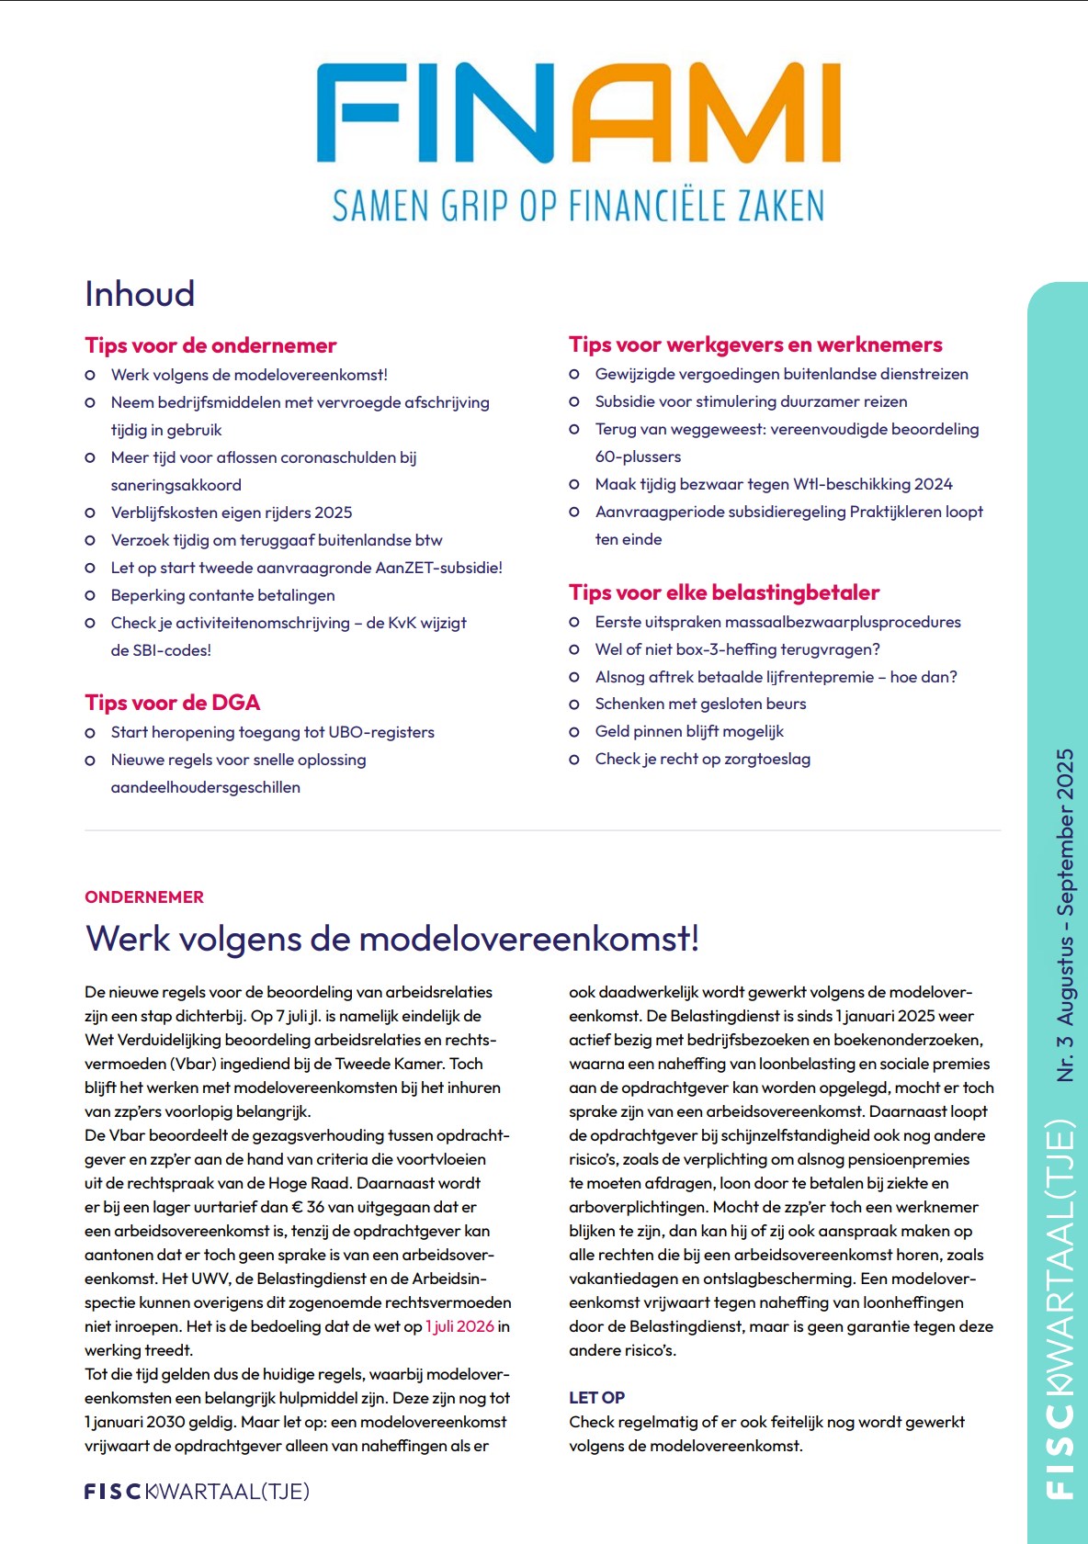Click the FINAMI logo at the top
578,113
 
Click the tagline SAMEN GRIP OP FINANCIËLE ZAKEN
578,206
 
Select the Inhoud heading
140,294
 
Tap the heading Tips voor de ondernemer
210,345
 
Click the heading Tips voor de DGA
172,703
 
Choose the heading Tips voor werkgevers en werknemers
755,344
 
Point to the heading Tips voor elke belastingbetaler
724,592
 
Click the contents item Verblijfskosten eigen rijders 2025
232,513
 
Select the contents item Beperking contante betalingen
222,595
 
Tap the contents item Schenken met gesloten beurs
700,704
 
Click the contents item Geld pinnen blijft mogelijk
689,731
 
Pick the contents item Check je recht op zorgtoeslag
703,759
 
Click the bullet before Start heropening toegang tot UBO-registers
90,733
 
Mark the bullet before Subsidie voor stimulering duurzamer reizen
574,402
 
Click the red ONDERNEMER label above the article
144,897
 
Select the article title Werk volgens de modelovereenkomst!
392,939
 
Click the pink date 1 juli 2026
459,1326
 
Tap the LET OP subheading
596,1397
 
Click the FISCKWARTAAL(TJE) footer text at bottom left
197,1491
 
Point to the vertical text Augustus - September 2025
1065,886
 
